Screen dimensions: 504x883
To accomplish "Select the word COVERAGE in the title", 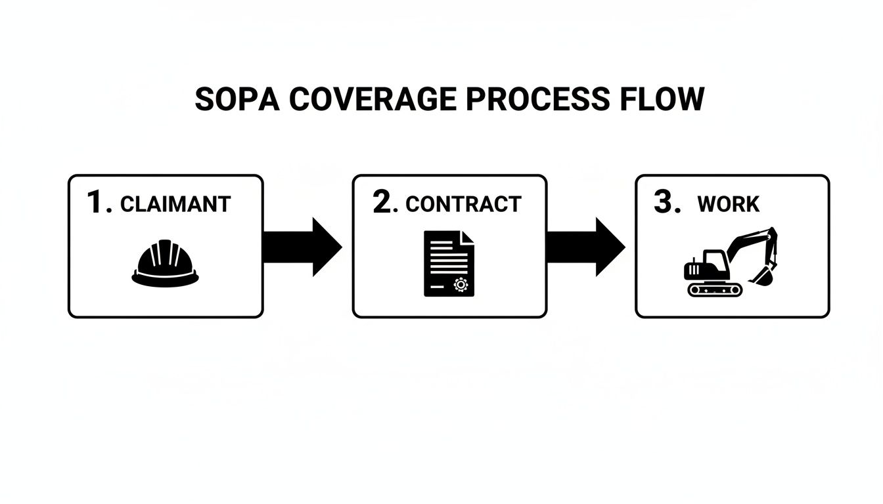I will point(372,99).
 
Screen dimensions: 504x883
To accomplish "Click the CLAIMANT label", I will point(175,204).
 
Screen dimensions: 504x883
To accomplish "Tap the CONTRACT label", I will point(463,204).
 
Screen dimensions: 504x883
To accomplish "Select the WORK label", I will point(728,204).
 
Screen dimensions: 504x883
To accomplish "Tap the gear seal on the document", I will point(460,284).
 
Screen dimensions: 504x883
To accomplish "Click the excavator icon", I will point(729,262).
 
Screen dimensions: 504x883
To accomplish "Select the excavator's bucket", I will point(762,276).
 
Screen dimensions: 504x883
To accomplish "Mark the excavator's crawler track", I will point(714,289).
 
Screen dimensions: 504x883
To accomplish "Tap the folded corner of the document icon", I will point(467,238).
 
